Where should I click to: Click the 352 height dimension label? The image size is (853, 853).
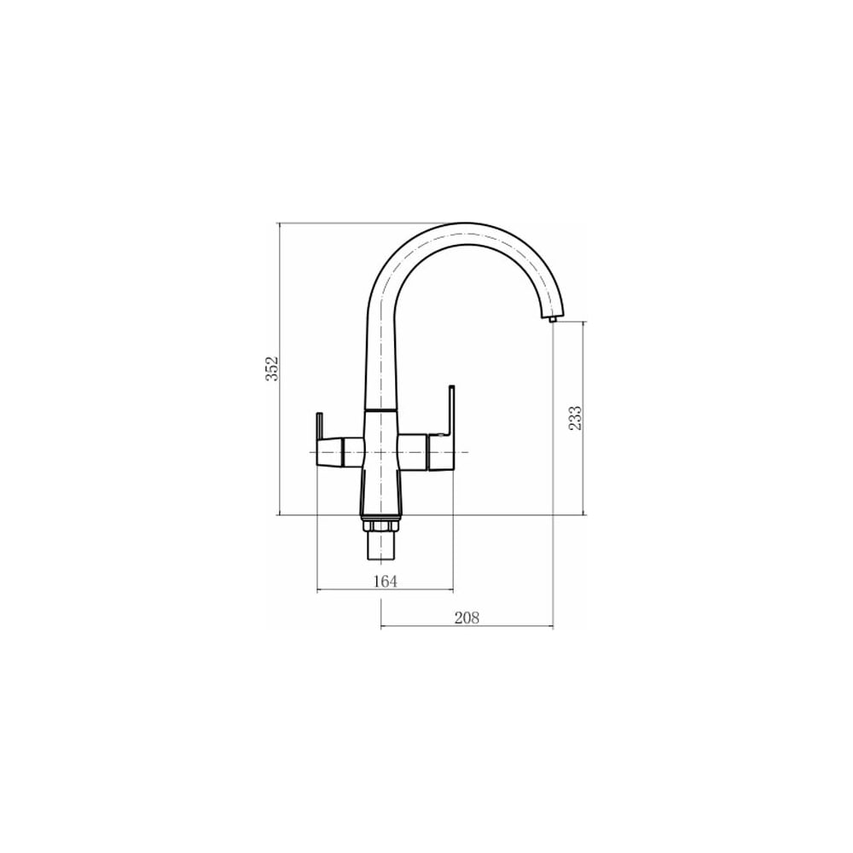[x=271, y=368]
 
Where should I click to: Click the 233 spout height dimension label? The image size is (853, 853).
[x=575, y=418]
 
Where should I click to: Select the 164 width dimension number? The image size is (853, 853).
[x=386, y=581]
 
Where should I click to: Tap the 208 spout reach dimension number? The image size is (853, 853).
[x=467, y=618]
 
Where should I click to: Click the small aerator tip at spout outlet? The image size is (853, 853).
[x=553, y=320]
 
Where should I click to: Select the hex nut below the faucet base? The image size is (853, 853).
[x=380, y=525]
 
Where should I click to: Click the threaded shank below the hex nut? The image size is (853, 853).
[x=380, y=546]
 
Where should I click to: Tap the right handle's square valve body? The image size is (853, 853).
[x=441, y=452]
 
